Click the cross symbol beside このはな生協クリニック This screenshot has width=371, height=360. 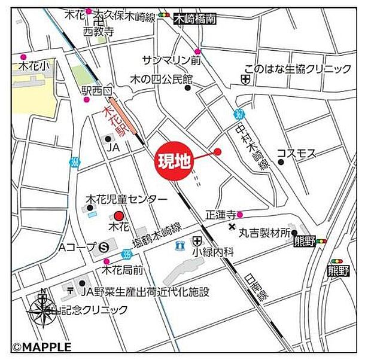click(246, 79)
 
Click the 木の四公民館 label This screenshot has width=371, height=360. click(162, 79)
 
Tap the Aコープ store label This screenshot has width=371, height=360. click(77, 246)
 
